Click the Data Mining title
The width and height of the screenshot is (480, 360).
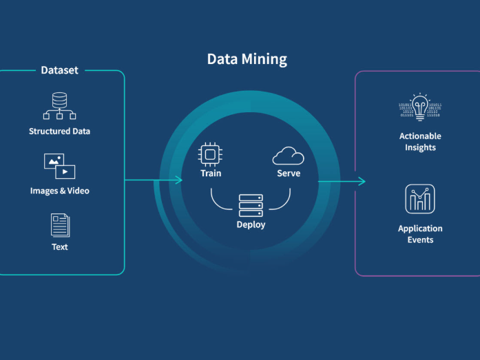247,59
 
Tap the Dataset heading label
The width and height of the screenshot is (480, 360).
60,70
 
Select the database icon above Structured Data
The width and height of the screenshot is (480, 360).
59,105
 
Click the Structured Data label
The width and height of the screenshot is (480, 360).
59,131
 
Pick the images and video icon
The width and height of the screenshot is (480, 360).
59,166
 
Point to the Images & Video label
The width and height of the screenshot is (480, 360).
60,191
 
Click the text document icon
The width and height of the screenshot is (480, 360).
60,225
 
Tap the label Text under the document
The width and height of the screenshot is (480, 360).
60,246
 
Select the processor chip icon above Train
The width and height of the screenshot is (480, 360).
210,154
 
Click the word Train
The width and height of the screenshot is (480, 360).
211,173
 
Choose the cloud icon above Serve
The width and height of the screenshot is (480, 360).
288,156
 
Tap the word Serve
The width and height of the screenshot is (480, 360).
289,173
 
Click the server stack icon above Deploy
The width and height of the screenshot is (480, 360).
251,205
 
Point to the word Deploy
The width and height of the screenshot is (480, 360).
251,224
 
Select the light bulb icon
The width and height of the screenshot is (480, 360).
420,107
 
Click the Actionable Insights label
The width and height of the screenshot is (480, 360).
420,142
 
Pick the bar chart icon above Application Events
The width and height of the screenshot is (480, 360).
420,199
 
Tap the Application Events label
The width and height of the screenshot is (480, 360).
420,234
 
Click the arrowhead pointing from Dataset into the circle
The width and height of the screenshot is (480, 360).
179,180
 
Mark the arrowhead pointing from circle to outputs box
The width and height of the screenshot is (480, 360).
362,181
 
